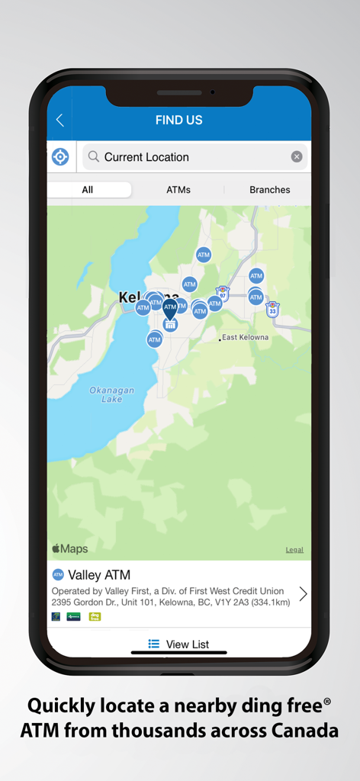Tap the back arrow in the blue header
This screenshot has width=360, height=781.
(x=60, y=121)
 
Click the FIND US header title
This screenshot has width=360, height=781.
(x=178, y=121)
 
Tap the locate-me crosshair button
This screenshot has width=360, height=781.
(x=60, y=157)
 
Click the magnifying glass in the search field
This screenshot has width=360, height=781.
(x=93, y=157)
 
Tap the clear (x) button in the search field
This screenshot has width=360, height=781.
(x=297, y=157)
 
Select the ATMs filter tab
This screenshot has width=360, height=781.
(x=178, y=190)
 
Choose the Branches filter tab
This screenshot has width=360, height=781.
(x=269, y=190)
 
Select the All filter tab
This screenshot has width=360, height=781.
(x=88, y=190)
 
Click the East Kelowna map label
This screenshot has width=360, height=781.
(x=245, y=337)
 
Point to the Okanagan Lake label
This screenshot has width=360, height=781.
(x=111, y=394)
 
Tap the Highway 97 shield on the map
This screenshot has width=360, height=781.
(x=223, y=294)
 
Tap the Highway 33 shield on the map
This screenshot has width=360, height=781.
(x=272, y=310)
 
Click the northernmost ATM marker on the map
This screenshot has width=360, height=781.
(x=203, y=255)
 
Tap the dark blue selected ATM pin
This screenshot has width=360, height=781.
(x=169, y=307)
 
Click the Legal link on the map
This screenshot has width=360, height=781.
(x=294, y=550)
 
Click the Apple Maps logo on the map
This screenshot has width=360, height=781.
(x=69, y=549)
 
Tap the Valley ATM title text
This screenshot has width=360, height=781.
(x=99, y=575)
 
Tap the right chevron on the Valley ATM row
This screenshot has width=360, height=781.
(x=303, y=593)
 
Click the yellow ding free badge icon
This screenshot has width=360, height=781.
(x=95, y=616)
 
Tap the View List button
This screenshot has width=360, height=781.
(x=179, y=644)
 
